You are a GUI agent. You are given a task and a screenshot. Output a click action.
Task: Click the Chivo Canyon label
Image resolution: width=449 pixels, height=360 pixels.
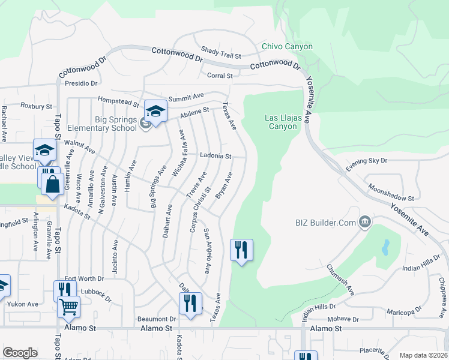(x=287, y=47)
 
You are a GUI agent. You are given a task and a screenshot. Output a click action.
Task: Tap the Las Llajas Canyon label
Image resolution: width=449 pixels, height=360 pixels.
(x=282, y=122)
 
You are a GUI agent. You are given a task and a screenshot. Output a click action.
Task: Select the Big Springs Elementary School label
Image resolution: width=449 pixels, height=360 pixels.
(x=98, y=124)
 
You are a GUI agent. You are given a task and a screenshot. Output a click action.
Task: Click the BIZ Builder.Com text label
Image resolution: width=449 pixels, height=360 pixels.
(x=326, y=223)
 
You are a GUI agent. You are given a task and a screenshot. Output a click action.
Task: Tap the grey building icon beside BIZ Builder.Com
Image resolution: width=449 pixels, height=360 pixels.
(x=364, y=223)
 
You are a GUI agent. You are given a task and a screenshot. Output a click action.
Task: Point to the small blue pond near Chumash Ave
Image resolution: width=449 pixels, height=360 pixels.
(x=385, y=247)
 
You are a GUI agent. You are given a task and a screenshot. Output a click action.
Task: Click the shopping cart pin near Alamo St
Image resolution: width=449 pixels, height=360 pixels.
(x=69, y=307)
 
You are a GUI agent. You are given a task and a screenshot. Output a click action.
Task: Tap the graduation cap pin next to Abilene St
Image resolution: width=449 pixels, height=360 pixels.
(x=155, y=111)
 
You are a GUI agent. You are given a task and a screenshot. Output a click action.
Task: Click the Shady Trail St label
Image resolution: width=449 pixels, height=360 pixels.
(x=220, y=52)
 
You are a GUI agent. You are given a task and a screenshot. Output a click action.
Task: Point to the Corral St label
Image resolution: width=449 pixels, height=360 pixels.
(x=219, y=76)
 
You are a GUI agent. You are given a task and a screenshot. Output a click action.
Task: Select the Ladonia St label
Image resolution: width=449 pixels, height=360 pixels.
(x=215, y=156)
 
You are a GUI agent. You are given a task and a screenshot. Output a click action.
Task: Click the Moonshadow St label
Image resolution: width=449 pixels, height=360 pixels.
(x=390, y=192)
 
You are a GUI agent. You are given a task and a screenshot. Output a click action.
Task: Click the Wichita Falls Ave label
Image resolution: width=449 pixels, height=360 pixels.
(x=179, y=154)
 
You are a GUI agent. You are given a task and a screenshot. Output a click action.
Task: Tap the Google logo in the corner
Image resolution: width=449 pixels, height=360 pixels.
(x=20, y=353)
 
